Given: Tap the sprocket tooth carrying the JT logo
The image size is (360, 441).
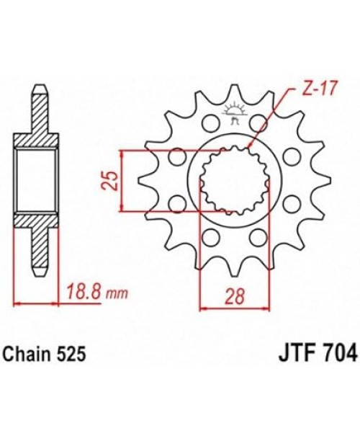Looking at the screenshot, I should point(232,101).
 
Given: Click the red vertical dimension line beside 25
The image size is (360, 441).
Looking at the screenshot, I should point(124,182).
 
